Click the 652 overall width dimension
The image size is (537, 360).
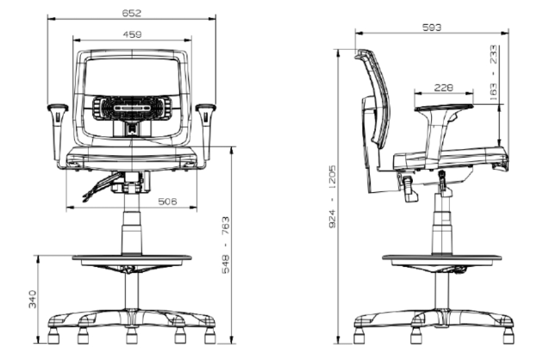[132, 13]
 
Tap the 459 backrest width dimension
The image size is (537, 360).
[132, 34]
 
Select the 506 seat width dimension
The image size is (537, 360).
[167, 202]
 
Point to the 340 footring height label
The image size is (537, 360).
[33, 299]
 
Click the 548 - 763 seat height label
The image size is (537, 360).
[226, 245]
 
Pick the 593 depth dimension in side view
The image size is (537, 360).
[432, 28]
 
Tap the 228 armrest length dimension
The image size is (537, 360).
[444, 88]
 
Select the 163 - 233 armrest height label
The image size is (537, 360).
[494, 72]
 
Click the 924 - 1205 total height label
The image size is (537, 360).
[332, 196]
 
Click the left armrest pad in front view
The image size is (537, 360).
[58, 108]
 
